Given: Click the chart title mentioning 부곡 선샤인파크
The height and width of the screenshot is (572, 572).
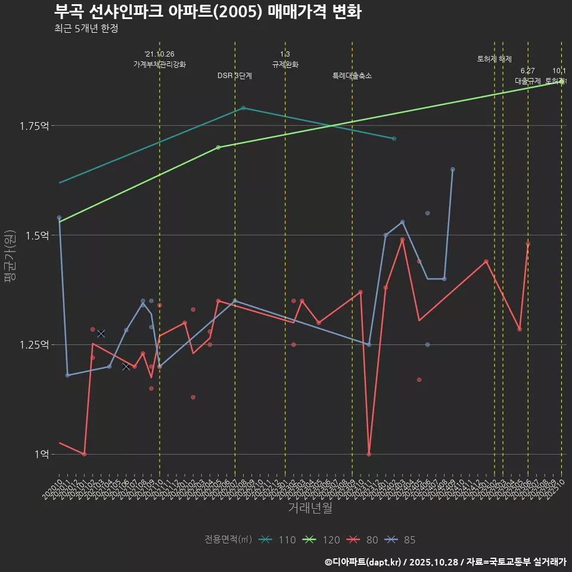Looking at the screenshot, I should pyautogui.click(x=207, y=12).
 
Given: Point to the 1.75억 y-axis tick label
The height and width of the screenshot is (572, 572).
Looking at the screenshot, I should pyautogui.click(x=34, y=126).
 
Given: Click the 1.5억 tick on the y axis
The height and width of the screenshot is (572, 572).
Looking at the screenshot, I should pyautogui.click(x=36, y=235).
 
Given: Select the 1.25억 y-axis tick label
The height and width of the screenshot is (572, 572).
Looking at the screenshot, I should pyautogui.click(x=34, y=345).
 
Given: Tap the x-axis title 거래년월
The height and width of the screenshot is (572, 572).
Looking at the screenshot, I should pyautogui.click(x=310, y=508).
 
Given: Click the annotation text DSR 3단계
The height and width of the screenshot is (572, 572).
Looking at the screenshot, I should pyautogui.click(x=235, y=76).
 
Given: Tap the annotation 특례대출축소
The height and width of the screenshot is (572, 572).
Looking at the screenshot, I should pyautogui.click(x=352, y=76).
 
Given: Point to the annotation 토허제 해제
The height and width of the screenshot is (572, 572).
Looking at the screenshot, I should pyautogui.click(x=495, y=59).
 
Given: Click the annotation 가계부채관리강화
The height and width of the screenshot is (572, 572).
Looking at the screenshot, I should pyautogui.click(x=160, y=64).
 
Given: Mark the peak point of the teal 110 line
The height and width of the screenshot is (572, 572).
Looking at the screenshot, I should pyautogui.click(x=243, y=108).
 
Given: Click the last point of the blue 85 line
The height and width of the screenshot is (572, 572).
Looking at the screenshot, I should pyautogui.click(x=453, y=169).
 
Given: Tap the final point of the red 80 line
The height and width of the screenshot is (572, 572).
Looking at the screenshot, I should pyautogui.click(x=528, y=244).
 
